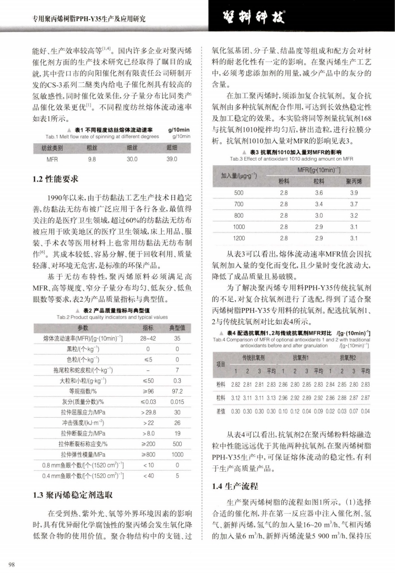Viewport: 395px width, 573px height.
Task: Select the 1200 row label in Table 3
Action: [239, 239]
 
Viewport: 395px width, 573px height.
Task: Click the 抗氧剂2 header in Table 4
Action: [349, 357]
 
